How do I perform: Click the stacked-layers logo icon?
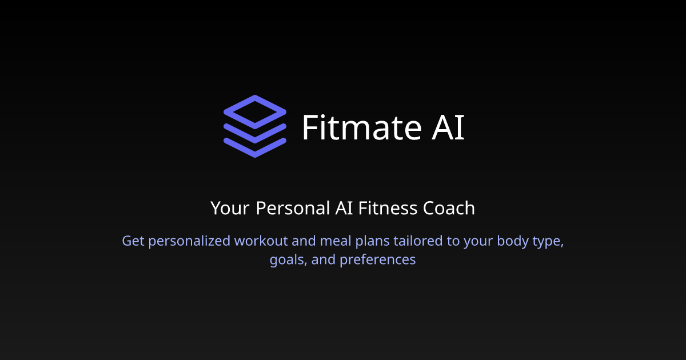point(254,126)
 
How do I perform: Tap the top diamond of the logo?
point(254,111)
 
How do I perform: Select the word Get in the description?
point(133,241)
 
